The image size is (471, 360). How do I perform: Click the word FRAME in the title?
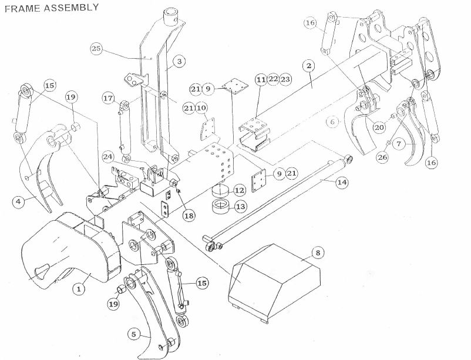(x=22, y=8)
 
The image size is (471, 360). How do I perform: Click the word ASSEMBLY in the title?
(x=71, y=8)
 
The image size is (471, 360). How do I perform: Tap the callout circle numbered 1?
(x=79, y=289)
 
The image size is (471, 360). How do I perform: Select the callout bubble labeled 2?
(x=309, y=66)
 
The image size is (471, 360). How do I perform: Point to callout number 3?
(x=179, y=62)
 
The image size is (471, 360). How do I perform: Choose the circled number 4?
(x=19, y=201)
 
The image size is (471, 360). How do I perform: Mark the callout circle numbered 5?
(x=134, y=335)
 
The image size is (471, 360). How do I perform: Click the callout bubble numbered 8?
(x=318, y=253)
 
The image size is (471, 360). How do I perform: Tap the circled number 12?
(x=240, y=190)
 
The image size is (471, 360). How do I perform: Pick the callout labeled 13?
(x=241, y=207)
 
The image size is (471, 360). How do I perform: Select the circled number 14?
(x=342, y=182)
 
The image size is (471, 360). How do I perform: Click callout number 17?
(x=109, y=98)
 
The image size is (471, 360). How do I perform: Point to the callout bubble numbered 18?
(x=189, y=216)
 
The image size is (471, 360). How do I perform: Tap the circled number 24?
(x=109, y=157)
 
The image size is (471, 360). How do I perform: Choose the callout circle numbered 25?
(x=96, y=49)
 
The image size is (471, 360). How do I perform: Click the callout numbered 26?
(x=382, y=157)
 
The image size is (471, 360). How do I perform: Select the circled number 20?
(x=379, y=127)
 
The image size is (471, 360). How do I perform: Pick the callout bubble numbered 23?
(x=285, y=79)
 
